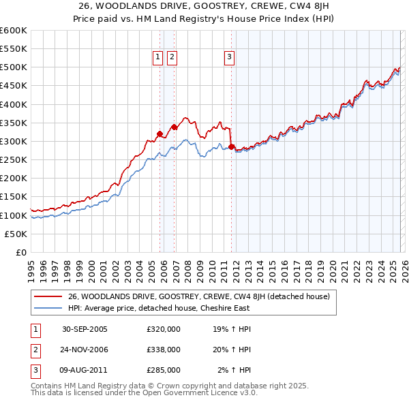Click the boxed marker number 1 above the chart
157,58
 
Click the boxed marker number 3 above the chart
229,58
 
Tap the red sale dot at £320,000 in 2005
160,134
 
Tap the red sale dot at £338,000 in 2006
174,127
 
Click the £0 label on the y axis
20,252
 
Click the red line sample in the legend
48,296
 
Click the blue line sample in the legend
48,308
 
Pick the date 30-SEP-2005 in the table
85,329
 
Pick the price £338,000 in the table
164,350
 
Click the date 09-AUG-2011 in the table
85,370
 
